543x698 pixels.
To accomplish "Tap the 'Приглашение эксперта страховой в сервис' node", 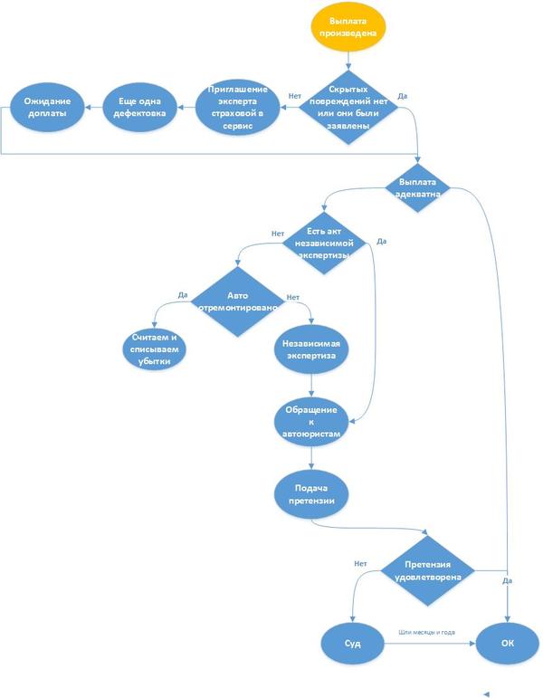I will [x=237, y=108].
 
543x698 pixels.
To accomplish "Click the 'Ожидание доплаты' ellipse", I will [x=47, y=108].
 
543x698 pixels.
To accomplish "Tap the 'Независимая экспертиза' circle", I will [x=311, y=350].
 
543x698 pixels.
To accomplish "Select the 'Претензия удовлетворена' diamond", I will [x=426, y=570].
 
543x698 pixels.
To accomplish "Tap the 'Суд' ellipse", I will [x=352, y=644].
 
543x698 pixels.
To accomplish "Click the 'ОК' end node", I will [x=506, y=644].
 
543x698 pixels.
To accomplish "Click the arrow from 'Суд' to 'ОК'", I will [x=430, y=644].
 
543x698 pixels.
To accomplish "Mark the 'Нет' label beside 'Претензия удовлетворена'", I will [x=360, y=563].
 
